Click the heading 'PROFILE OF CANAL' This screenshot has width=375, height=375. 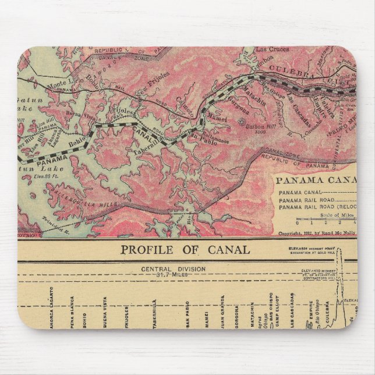click(x=185, y=250)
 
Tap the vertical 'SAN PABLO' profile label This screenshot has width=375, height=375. click(x=187, y=314)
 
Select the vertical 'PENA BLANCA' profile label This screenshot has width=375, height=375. click(x=69, y=314)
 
